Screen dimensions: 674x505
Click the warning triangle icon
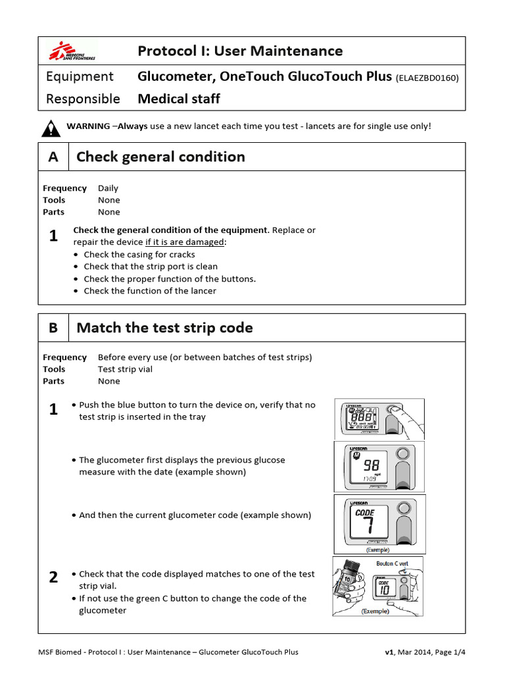click(x=51, y=128)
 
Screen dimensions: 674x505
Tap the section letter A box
click(x=53, y=157)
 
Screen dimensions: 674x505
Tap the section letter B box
click(x=53, y=328)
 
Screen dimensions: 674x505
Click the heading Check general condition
click(x=160, y=157)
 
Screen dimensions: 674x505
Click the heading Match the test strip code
click(x=164, y=328)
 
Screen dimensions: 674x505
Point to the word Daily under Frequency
click(x=108, y=188)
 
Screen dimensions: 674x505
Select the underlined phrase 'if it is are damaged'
click(x=184, y=242)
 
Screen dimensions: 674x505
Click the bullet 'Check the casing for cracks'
click(x=139, y=255)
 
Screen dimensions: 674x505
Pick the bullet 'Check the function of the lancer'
click(x=150, y=291)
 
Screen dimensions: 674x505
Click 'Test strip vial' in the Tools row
click(x=125, y=369)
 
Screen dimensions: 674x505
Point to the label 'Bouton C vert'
click(x=392, y=564)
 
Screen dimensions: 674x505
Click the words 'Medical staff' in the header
click(x=179, y=99)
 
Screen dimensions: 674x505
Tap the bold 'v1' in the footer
click(x=390, y=652)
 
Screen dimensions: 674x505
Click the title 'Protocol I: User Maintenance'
click(x=240, y=51)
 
